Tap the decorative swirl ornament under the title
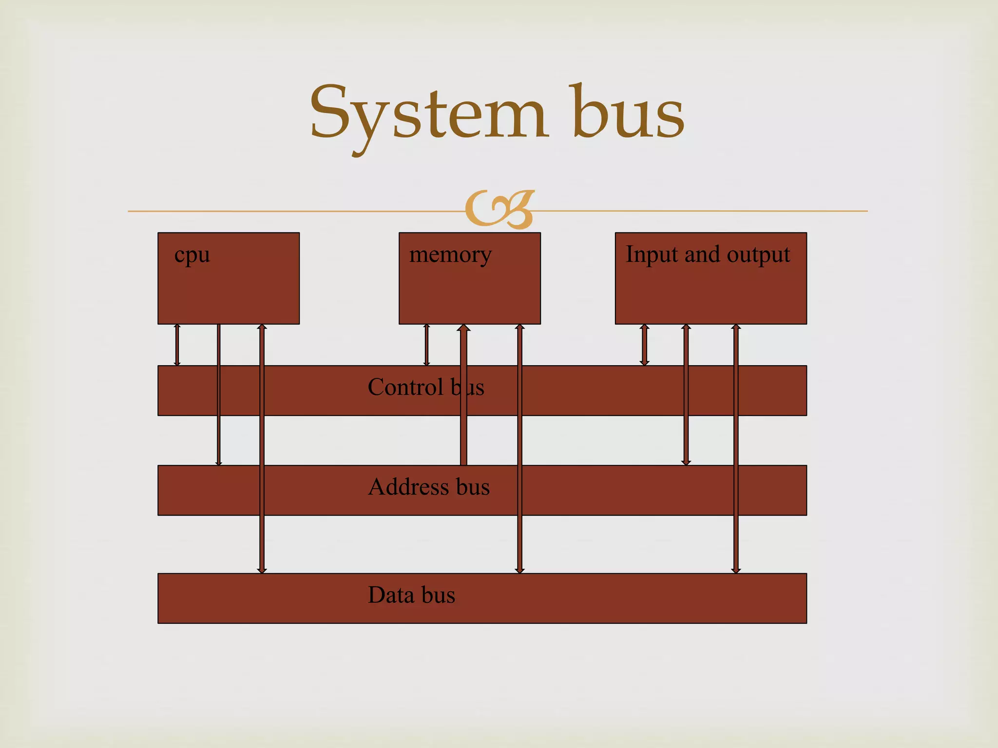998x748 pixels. coord(500,209)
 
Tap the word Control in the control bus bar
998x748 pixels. coord(405,388)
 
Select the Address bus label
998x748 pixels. coord(428,487)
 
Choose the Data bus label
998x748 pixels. coord(411,595)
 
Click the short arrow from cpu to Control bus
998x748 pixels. coord(177,345)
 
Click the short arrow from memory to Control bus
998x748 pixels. coord(427,345)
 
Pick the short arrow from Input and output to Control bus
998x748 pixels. coord(644,345)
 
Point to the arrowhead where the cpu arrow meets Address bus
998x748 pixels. coord(219,462)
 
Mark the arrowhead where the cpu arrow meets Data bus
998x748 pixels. coord(262,570)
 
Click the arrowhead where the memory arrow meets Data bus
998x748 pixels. coord(520,570)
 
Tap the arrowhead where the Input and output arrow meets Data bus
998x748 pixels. coord(736,570)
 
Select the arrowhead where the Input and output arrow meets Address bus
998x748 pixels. coord(686,462)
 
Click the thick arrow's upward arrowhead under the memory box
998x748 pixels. coord(463,328)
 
